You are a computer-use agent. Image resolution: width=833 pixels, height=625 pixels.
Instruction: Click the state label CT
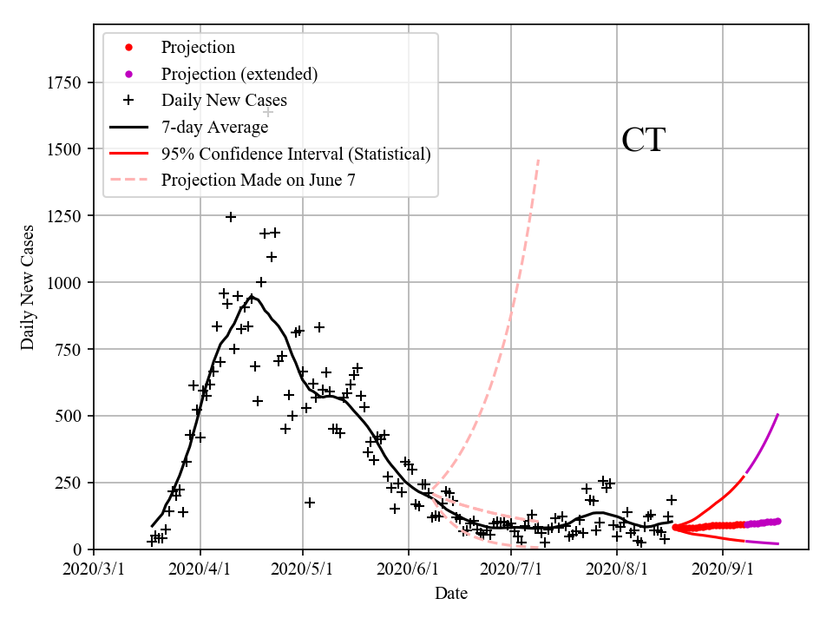coord(643,141)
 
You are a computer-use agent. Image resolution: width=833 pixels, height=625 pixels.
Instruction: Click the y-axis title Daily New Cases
coord(28,286)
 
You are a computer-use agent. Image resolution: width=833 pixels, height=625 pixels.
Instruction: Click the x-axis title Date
coord(451,594)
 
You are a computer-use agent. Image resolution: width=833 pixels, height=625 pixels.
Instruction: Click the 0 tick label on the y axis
coord(77,549)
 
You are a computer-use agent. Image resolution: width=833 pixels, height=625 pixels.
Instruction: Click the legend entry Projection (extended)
coord(239,74)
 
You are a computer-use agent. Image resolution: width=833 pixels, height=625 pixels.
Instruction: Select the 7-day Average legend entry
coord(214,127)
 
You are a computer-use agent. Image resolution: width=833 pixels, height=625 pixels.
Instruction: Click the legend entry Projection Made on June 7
coord(258,181)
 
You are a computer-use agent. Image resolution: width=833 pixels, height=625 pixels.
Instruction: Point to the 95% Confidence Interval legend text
coord(296,154)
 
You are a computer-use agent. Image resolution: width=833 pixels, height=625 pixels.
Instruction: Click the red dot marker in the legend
coord(128,47)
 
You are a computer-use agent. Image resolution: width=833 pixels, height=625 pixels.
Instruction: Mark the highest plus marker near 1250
coord(231,217)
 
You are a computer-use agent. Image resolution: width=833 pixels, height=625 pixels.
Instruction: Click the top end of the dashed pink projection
coord(539,159)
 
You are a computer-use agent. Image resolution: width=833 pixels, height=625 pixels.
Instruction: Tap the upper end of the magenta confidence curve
coord(777,415)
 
